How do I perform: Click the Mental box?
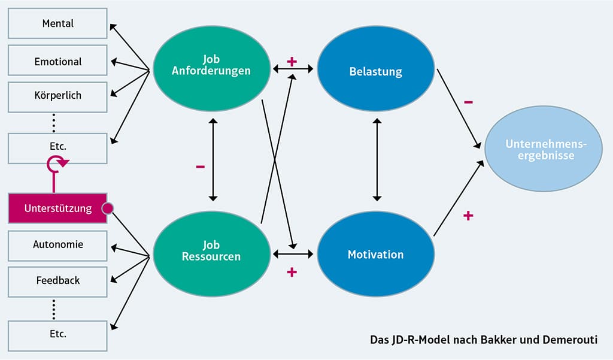(58, 24)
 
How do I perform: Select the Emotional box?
(58, 62)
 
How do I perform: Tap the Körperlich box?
(58, 95)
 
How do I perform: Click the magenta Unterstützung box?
(58, 208)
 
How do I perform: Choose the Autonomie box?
(58, 244)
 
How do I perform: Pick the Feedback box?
(58, 280)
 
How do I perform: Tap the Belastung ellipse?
(375, 72)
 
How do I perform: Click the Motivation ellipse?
(375, 255)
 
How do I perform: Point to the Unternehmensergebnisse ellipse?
(539, 150)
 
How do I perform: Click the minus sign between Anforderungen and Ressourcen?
(200, 167)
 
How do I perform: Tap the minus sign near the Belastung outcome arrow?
(468, 102)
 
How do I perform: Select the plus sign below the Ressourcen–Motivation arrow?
(292, 273)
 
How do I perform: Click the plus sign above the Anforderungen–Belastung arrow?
(292, 61)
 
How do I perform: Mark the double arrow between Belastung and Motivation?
(376, 159)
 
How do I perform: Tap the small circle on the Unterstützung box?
(108, 208)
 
